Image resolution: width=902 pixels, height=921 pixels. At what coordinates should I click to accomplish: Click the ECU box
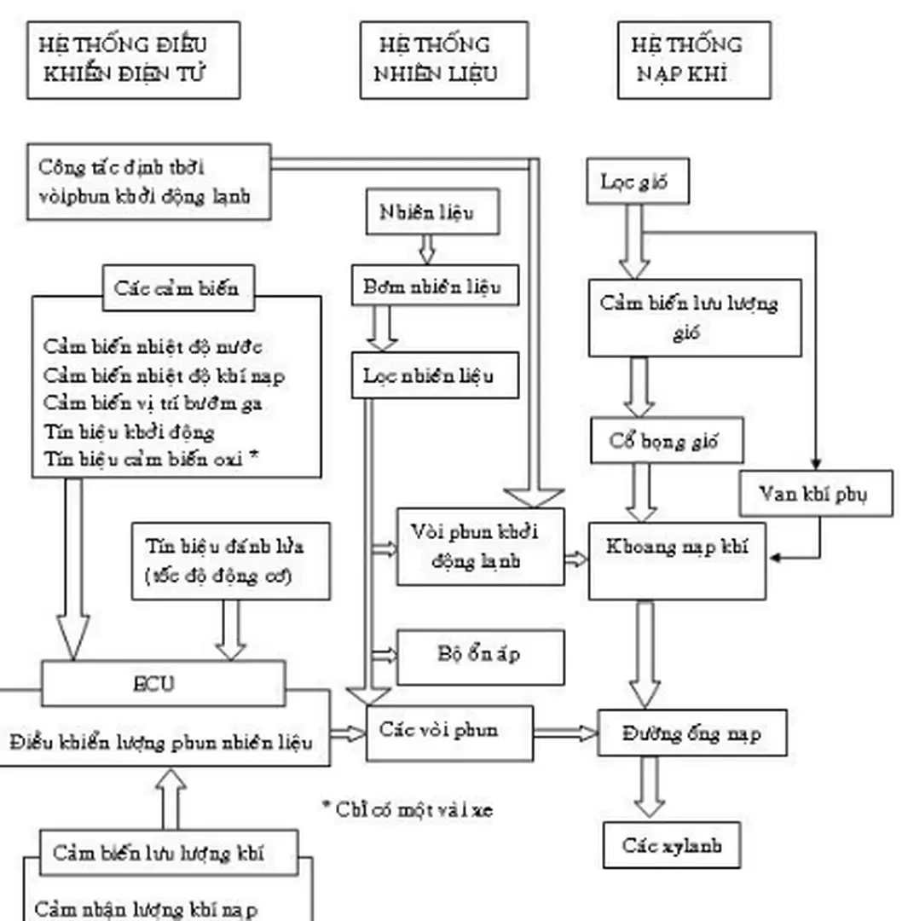pos(163,684)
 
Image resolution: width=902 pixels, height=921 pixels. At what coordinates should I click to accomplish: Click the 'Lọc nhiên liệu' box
pos(435,375)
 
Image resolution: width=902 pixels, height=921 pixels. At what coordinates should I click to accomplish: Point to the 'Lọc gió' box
pos(637,182)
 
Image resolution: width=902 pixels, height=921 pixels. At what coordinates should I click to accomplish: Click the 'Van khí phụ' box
pos(815,494)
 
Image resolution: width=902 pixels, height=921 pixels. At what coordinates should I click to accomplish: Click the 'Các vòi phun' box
pos(449,732)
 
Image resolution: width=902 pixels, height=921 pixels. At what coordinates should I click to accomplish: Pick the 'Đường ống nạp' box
pos(691,733)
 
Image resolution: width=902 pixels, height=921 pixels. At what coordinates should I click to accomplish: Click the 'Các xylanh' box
pos(671,845)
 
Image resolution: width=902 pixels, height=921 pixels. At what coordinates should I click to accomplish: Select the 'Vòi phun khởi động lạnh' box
pos(480,547)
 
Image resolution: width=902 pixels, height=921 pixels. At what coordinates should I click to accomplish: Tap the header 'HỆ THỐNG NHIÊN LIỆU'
pos(443,60)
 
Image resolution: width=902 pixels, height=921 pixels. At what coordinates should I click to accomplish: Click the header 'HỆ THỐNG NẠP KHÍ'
pos(693,60)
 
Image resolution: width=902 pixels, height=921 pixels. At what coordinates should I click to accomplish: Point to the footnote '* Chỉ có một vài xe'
pos(408,808)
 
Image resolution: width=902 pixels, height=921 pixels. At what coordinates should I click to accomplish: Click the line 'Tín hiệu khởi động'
pos(129,432)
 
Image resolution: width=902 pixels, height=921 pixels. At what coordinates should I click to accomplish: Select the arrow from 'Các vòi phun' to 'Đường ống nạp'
pos(565,733)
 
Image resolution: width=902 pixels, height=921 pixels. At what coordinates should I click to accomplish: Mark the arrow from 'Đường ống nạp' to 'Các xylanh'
pos(650,786)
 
